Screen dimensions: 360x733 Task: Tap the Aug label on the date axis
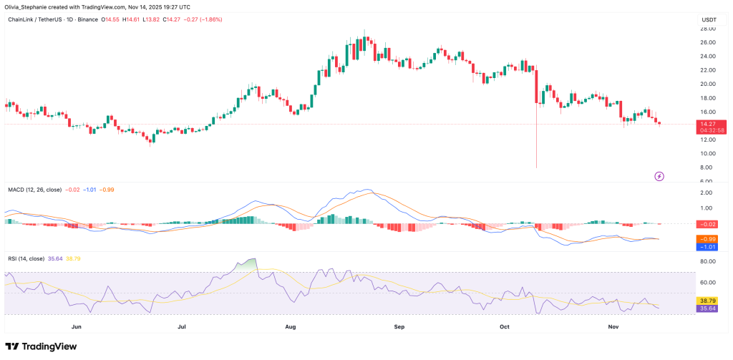(291, 326)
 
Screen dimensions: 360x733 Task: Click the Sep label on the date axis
(399, 326)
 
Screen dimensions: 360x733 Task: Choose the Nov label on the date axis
(613, 326)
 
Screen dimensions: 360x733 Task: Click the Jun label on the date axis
(77, 326)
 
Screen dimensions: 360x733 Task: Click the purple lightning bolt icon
(659, 175)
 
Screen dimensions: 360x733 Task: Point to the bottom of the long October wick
(536, 167)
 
